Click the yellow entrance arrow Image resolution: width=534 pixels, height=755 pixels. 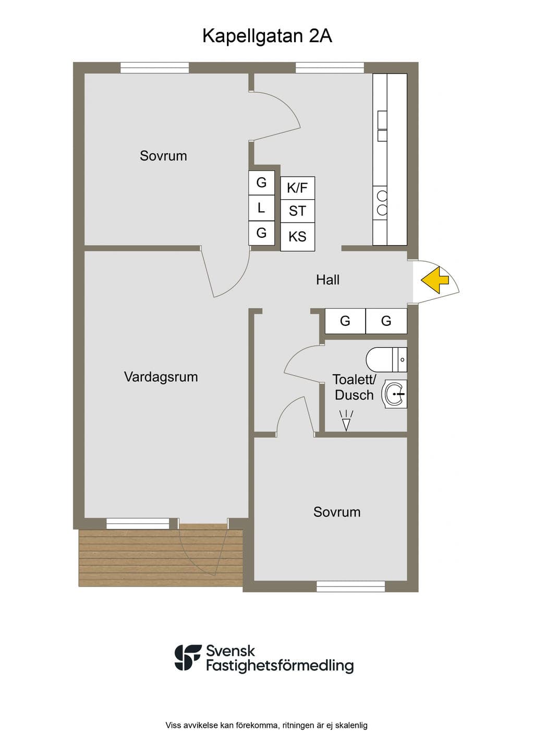tap(435, 280)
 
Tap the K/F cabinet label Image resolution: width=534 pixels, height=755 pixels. tap(297, 188)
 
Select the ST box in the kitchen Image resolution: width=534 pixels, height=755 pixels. tap(297, 211)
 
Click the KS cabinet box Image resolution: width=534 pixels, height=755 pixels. tap(297, 237)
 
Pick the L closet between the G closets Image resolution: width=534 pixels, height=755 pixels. tap(261, 208)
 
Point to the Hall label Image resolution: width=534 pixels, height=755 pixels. tap(327, 280)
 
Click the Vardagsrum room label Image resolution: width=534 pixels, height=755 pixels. tap(161, 376)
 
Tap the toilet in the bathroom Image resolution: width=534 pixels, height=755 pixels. tap(386, 360)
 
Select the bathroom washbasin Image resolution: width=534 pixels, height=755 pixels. tap(394, 394)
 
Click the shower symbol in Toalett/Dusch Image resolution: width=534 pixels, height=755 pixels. tap(346, 420)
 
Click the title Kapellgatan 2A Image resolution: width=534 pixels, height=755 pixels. tap(268, 36)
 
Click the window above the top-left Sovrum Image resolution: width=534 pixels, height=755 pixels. tap(155, 67)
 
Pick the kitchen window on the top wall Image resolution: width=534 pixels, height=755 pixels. tap(330, 67)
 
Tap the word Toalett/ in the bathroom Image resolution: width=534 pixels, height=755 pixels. tap(354, 380)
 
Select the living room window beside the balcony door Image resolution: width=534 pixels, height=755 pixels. tap(138, 523)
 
